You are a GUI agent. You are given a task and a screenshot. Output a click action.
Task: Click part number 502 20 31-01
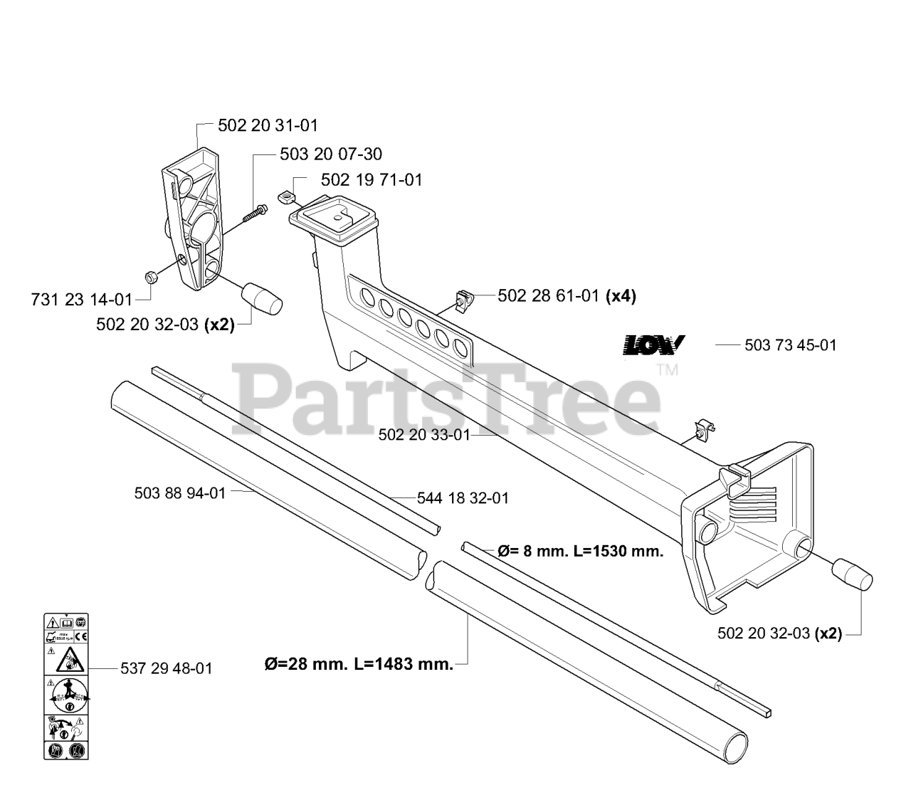click(268, 125)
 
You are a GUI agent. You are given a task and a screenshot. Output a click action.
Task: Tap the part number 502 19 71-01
click(372, 180)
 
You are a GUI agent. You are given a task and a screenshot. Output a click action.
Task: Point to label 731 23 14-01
click(83, 299)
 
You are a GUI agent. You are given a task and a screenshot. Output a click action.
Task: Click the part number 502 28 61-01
click(548, 296)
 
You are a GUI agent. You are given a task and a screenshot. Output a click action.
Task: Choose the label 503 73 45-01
click(790, 345)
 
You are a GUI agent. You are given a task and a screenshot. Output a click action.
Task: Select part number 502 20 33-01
click(424, 434)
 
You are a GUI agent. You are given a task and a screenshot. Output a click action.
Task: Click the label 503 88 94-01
click(179, 493)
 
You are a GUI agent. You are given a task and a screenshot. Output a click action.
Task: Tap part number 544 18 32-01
click(463, 498)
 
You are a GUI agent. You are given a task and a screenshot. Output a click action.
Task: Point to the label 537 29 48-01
click(166, 668)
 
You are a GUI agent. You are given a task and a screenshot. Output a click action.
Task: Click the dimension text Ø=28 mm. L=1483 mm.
click(358, 665)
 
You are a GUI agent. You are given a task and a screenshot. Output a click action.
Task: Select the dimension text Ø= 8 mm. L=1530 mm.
click(580, 551)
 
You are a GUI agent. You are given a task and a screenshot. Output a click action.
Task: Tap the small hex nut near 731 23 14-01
click(150, 275)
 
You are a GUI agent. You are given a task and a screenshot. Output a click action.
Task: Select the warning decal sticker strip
click(65, 685)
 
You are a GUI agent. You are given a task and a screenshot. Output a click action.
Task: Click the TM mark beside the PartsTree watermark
click(667, 369)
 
